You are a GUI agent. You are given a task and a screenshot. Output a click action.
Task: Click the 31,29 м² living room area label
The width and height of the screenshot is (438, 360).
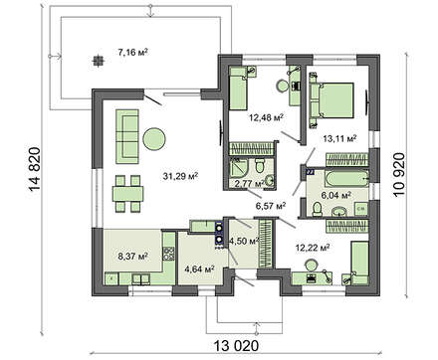180,176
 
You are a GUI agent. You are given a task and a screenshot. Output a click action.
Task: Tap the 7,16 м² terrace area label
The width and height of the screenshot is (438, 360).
132,52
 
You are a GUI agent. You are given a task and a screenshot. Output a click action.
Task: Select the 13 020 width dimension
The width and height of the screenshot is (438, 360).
236,346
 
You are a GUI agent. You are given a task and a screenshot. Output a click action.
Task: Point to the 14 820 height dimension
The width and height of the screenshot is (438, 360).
35,169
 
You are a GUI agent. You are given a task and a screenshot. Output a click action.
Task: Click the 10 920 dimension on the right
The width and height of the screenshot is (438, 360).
399,175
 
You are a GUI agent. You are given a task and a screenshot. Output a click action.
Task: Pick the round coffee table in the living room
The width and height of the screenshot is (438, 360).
153,139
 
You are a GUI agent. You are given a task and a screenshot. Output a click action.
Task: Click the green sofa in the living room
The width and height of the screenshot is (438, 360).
127,136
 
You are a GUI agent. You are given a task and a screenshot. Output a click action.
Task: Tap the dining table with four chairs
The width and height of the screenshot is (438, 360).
127,194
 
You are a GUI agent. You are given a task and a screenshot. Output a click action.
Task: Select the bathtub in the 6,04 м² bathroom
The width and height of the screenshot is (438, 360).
347,179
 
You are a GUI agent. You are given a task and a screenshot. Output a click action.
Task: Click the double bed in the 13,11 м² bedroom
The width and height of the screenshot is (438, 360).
332,100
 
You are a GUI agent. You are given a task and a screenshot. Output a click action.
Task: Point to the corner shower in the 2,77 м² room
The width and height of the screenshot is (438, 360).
239,169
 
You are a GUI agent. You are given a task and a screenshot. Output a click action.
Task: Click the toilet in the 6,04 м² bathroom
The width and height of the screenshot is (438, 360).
318,209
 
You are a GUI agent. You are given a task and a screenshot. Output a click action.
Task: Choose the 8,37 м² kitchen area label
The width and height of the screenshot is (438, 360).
132,256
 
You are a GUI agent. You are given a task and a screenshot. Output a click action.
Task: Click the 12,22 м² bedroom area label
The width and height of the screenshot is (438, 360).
313,248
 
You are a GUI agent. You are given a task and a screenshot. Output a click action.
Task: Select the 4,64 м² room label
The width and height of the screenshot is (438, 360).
199,269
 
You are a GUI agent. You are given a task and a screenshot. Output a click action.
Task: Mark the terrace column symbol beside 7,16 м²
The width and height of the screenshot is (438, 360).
98,61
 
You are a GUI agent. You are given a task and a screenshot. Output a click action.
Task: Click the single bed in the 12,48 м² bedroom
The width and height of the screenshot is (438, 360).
238,89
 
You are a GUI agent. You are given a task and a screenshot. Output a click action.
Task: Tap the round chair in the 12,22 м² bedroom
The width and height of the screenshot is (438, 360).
312,266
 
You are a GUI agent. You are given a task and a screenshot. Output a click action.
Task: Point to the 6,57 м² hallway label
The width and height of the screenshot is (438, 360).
271,207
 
